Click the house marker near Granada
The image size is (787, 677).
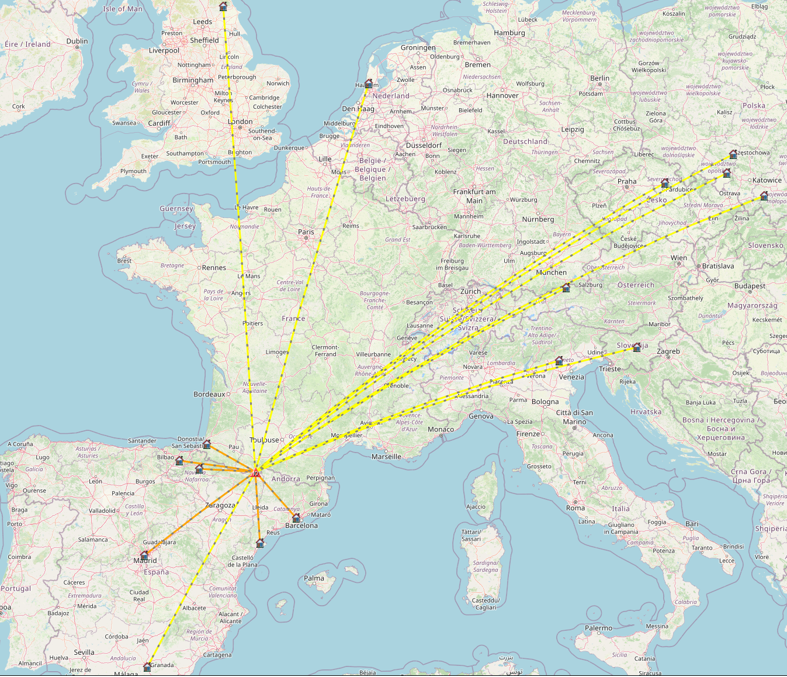[x=147, y=666]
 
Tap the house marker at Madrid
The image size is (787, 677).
[x=144, y=555]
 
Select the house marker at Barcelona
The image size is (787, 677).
[x=296, y=518]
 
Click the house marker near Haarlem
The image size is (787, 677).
[x=369, y=84]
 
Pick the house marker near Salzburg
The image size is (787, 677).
[x=566, y=288]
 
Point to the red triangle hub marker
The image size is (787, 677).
[x=255, y=472]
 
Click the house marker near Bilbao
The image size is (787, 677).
[x=179, y=461]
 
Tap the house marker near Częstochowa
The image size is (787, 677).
[x=733, y=155]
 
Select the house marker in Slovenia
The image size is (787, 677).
[x=637, y=347]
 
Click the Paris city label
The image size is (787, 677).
[x=306, y=232]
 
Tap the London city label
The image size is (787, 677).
[x=240, y=122]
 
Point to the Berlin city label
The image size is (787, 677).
[x=599, y=78]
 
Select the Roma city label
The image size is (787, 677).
[x=575, y=508]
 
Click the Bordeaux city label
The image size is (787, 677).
[x=209, y=394]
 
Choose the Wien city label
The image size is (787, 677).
[x=679, y=258]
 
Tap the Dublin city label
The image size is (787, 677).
[x=77, y=41]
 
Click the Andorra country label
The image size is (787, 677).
[x=286, y=479]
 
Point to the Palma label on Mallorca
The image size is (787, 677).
[x=314, y=578]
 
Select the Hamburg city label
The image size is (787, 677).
[x=509, y=33]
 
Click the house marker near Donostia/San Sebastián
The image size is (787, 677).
[x=206, y=444]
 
